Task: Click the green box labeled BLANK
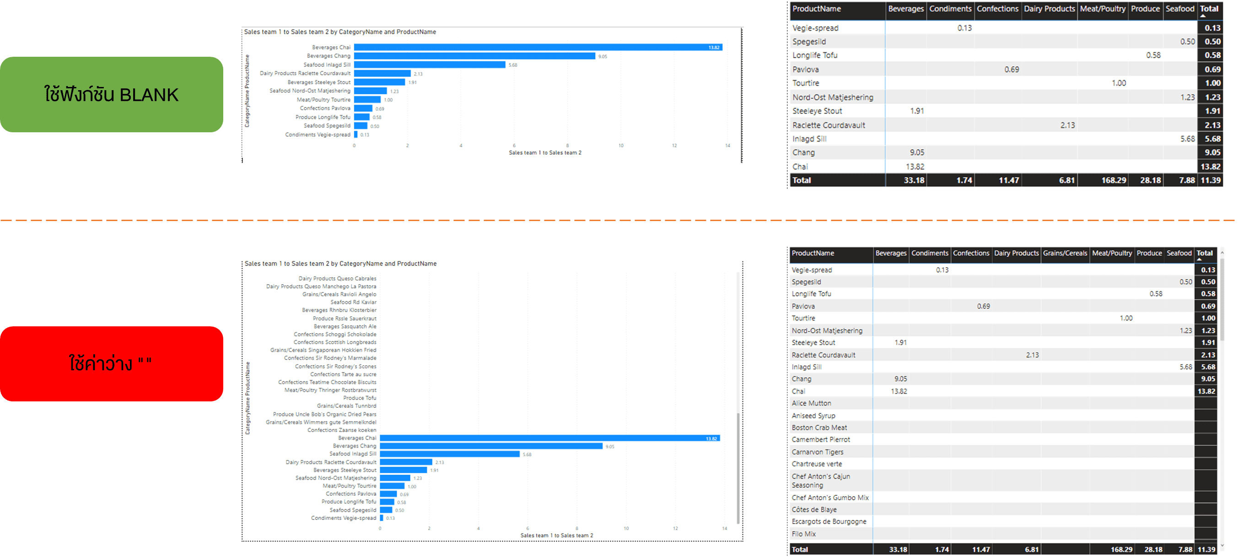click(x=112, y=95)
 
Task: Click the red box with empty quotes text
click(x=112, y=364)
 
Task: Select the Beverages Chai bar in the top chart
click(x=538, y=47)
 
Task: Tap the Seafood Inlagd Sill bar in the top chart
click(x=429, y=65)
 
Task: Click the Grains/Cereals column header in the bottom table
click(x=1065, y=253)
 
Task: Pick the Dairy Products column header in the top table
click(x=1049, y=9)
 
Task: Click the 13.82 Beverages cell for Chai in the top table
click(x=915, y=167)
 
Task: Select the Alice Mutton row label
click(x=811, y=403)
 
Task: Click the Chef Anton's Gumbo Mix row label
click(x=830, y=498)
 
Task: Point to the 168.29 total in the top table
click(x=1114, y=180)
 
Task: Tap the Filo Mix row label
click(x=803, y=534)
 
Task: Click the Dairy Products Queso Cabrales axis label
click(x=337, y=278)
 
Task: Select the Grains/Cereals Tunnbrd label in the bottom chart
click(x=346, y=406)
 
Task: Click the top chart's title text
click(x=340, y=32)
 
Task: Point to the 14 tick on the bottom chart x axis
click(x=724, y=528)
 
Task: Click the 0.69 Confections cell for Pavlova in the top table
click(x=1011, y=70)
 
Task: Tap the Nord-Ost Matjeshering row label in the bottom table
click(x=827, y=330)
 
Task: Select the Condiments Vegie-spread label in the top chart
click(x=318, y=135)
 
